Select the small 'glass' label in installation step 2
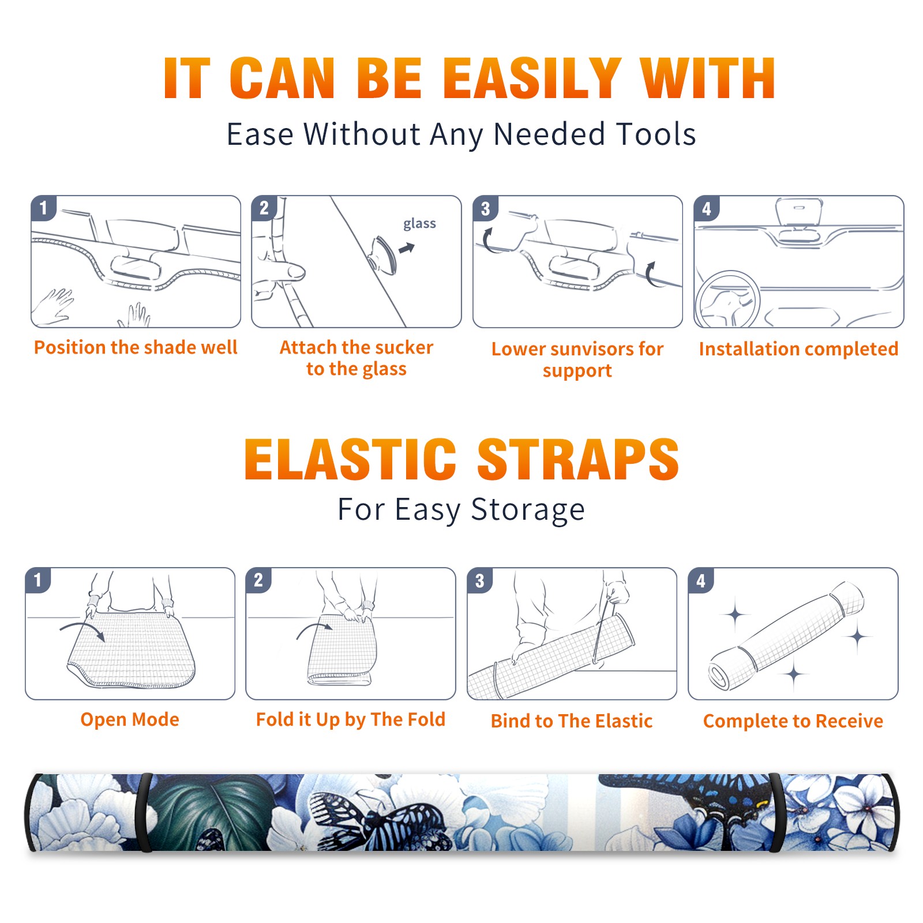pos(419,224)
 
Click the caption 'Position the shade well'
pos(136,347)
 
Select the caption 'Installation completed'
pos(798,349)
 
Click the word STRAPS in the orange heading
pos(578,459)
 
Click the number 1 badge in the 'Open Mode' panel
pos(38,580)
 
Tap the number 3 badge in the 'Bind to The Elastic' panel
pos(479,580)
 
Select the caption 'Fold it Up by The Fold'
pos(351,720)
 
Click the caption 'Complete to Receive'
pos(793,721)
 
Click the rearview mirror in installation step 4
pos(798,212)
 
